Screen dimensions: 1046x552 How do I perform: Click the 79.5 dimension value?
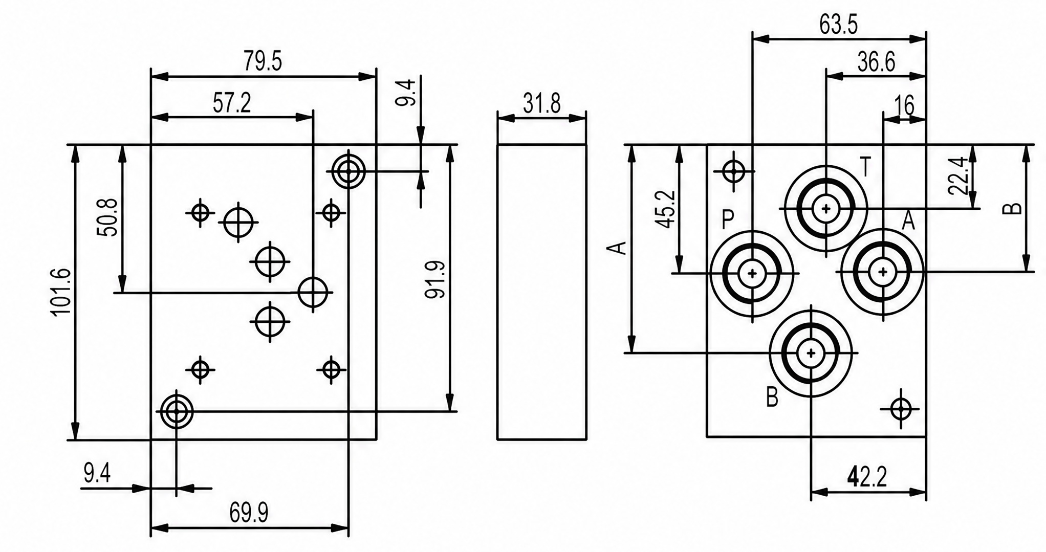coord(263,61)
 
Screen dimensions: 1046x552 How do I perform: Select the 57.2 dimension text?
coord(232,103)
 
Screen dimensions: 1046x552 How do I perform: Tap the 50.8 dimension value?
coord(108,217)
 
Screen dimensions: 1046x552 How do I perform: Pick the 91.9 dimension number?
coord(435,279)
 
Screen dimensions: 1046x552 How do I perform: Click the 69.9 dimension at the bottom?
coord(249,513)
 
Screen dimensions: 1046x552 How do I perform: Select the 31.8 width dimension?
coord(542,104)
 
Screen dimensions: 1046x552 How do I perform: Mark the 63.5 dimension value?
coord(838,25)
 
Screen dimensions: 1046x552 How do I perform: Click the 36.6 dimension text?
coord(877,62)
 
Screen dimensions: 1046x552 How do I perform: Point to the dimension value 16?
coord(904,106)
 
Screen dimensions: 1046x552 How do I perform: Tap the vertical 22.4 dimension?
coord(958,176)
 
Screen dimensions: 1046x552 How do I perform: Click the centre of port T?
coord(826,208)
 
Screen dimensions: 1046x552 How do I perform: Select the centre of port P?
coord(752,273)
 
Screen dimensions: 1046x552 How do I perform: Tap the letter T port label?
coord(865,167)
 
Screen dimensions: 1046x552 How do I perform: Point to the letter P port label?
coord(728,220)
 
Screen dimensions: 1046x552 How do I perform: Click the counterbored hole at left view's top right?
coord(348,171)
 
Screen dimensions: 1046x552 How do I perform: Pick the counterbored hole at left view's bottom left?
coord(177,411)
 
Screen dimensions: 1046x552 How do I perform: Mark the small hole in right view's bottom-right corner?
coord(901,409)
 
